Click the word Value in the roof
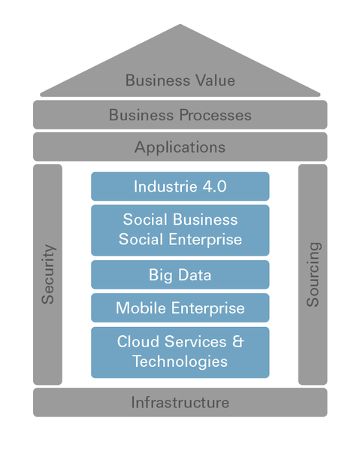[x=215, y=80]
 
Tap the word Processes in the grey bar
[x=216, y=115]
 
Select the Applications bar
[x=180, y=147]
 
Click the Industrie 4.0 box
[x=180, y=186]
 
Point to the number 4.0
[x=214, y=186]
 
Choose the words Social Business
[x=180, y=219]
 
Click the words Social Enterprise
[x=180, y=239]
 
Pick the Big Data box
[x=180, y=274]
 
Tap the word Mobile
[x=141, y=308]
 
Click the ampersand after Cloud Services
[x=237, y=341]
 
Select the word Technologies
[x=180, y=362]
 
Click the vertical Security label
[x=48, y=274]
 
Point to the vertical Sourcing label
[x=313, y=274]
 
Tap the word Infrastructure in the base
[x=180, y=402]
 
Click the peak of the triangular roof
[x=180, y=24]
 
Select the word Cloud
[x=138, y=341]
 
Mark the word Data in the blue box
[x=195, y=274]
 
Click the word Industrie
[x=165, y=186]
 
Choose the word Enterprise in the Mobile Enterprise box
[x=208, y=308]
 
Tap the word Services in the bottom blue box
[x=195, y=341]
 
